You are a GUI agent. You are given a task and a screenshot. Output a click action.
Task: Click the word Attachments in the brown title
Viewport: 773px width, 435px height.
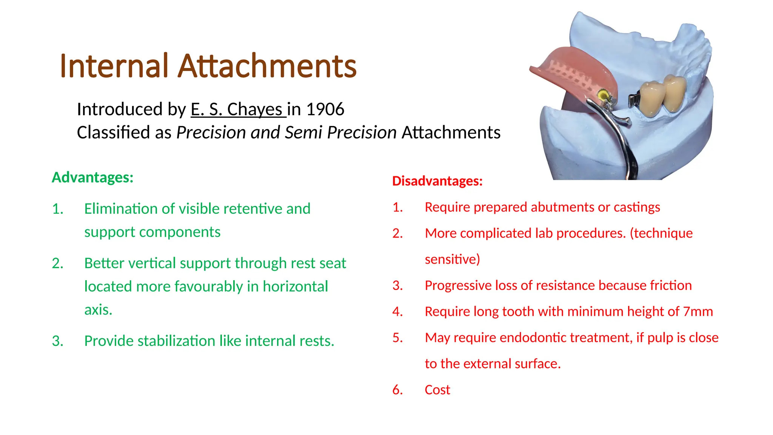pyautogui.click(x=267, y=66)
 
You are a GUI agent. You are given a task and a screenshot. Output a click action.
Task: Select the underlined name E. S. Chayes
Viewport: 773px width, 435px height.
pyautogui.click(x=238, y=110)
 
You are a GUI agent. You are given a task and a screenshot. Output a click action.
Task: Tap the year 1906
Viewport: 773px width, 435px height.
pyautogui.click(x=325, y=110)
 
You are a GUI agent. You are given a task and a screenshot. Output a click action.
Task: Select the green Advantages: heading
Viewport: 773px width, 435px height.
pyautogui.click(x=92, y=177)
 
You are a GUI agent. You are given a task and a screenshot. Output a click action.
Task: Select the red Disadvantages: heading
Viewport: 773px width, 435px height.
pyautogui.click(x=437, y=181)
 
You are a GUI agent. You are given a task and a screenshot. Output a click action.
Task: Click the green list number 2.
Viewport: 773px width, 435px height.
pyautogui.click(x=57, y=263)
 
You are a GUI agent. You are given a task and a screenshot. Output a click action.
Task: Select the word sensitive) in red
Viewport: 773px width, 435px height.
pyautogui.click(x=452, y=259)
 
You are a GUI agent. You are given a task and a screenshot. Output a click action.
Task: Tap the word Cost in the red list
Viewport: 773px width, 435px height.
pyautogui.click(x=437, y=390)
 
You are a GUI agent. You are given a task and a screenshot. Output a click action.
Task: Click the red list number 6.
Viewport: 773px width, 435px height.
pyautogui.click(x=397, y=390)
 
